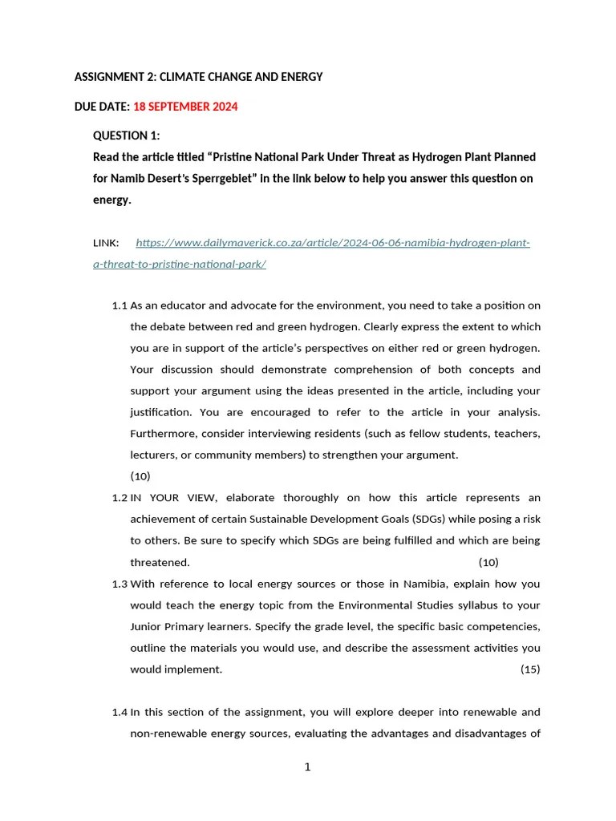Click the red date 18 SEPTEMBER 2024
185,107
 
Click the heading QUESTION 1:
127,135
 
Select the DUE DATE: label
102,107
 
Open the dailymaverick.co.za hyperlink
332,243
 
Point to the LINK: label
106,243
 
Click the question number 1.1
120,305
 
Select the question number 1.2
120,498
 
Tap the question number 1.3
120,584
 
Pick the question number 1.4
120,712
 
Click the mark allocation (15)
530,669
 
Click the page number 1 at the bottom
307,767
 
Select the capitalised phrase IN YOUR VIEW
170,498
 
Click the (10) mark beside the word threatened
488,562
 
